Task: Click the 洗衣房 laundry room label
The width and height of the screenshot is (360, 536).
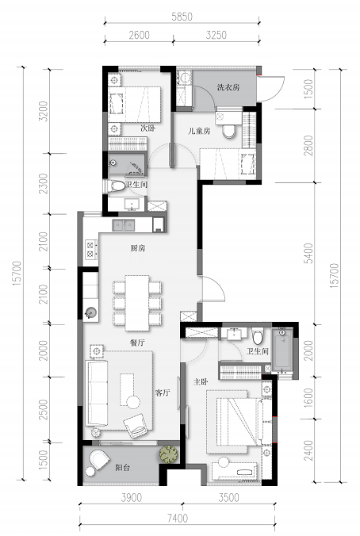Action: pyautogui.click(x=228, y=87)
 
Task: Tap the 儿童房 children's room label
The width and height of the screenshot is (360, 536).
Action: pyautogui.click(x=199, y=131)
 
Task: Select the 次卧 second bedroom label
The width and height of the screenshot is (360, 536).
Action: pyautogui.click(x=147, y=128)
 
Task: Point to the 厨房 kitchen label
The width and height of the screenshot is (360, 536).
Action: pyautogui.click(x=138, y=248)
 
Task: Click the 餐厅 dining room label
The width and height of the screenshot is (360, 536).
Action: pyautogui.click(x=137, y=343)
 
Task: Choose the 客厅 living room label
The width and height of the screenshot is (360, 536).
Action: pyautogui.click(x=163, y=392)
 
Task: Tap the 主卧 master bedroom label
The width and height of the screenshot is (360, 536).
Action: pyautogui.click(x=201, y=381)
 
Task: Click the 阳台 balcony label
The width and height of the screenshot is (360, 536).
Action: pyautogui.click(x=122, y=468)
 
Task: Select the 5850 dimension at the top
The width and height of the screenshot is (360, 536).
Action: pyautogui.click(x=182, y=17)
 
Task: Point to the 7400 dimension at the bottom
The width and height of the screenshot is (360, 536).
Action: pyautogui.click(x=177, y=519)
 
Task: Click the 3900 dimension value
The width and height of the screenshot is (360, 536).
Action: pyautogui.click(x=132, y=498)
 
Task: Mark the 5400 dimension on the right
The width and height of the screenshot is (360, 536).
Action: pyautogui.click(x=308, y=253)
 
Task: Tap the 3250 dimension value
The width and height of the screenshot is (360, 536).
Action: pyautogui.click(x=216, y=35)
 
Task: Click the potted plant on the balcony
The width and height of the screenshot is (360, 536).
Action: pyautogui.click(x=169, y=454)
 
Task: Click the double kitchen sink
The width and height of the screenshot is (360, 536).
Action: pyautogui.click(x=124, y=225)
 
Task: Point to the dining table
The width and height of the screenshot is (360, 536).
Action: pyautogui.click(x=137, y=303)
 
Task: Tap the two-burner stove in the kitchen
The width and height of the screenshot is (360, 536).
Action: pyautogui.click(x=90, y=249)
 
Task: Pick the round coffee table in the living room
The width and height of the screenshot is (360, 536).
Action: pyautogui.click(x=133, y=402)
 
